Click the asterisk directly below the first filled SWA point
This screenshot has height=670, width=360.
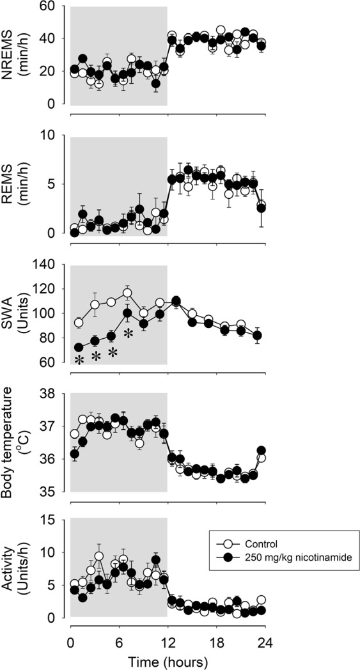[79, 361]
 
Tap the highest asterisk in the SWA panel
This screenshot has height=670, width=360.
[128, 333]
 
